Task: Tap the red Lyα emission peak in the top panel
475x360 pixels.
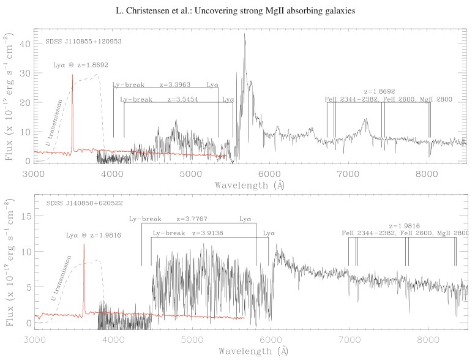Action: point(72,76)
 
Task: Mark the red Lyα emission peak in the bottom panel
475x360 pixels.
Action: point(84,245)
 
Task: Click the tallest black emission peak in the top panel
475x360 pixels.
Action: point(245,35)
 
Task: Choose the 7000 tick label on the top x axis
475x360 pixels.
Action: point(348,173)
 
